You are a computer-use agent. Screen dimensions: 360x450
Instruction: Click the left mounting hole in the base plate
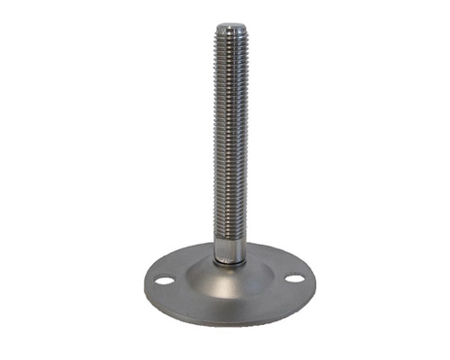pyautogui.click(x=164, y=281)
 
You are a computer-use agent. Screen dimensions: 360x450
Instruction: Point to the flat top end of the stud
pyautogui.click(x=231, y=27)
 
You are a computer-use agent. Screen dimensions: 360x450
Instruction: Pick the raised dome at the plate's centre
pyautogui.click(x=229, y=274)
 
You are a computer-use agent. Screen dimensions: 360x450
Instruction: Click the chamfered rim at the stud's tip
pyautogui.click(x=231, y=32)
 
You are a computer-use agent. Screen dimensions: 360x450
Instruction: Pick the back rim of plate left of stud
pyautogui.click(x=184, y=255)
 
